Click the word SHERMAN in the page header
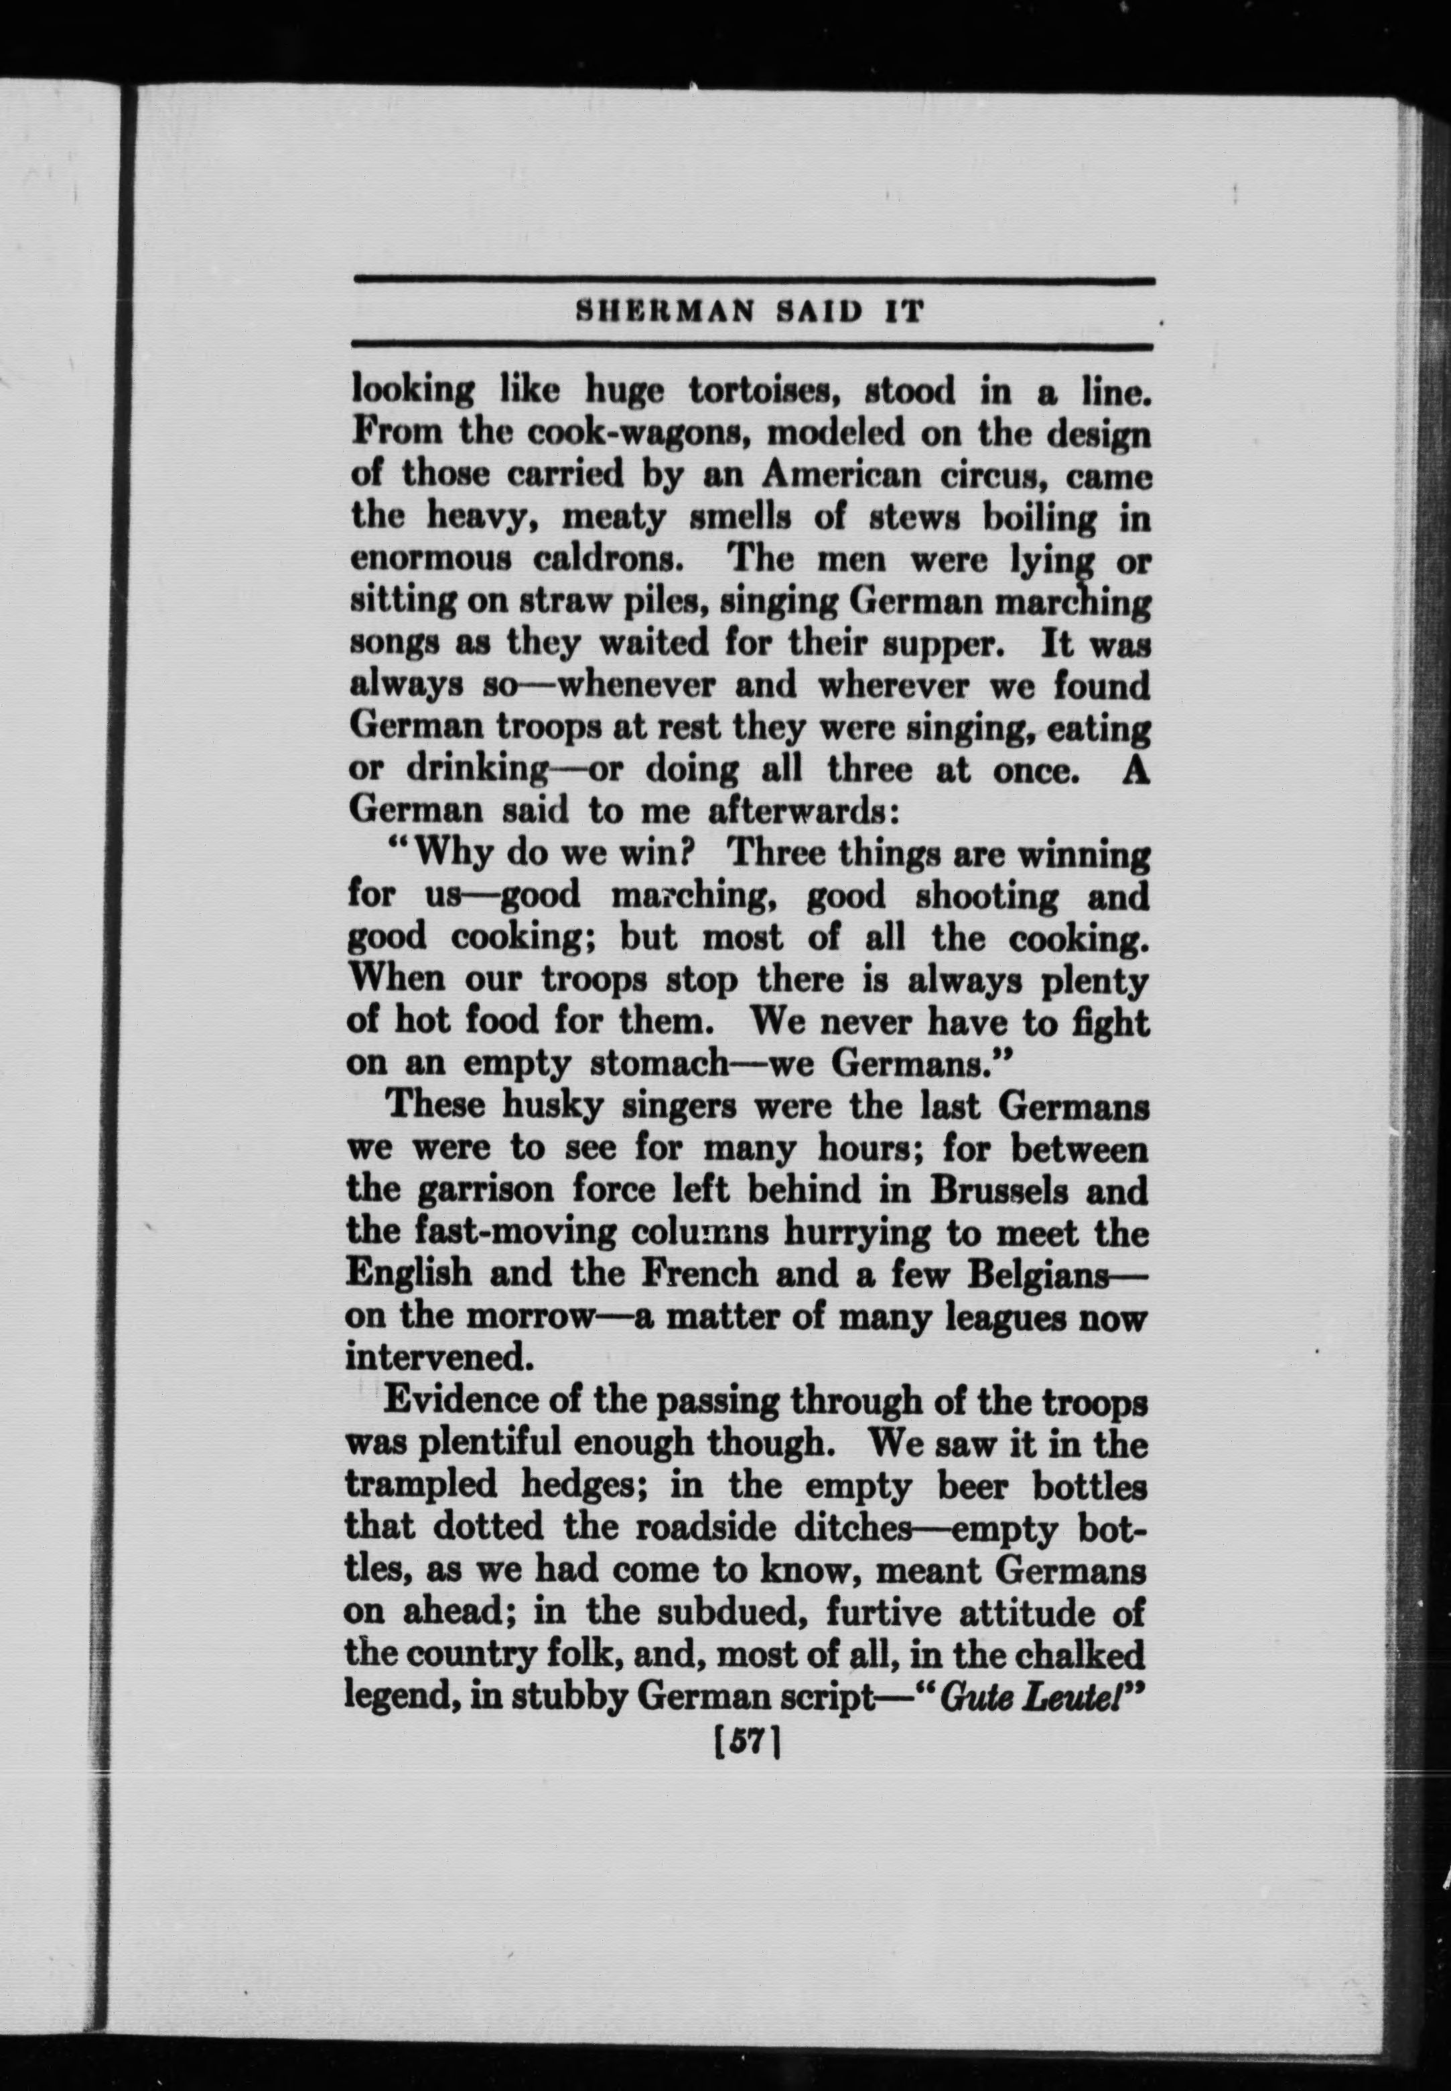[665, 313]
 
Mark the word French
[699, 1273]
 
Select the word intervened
[437, 1358]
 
